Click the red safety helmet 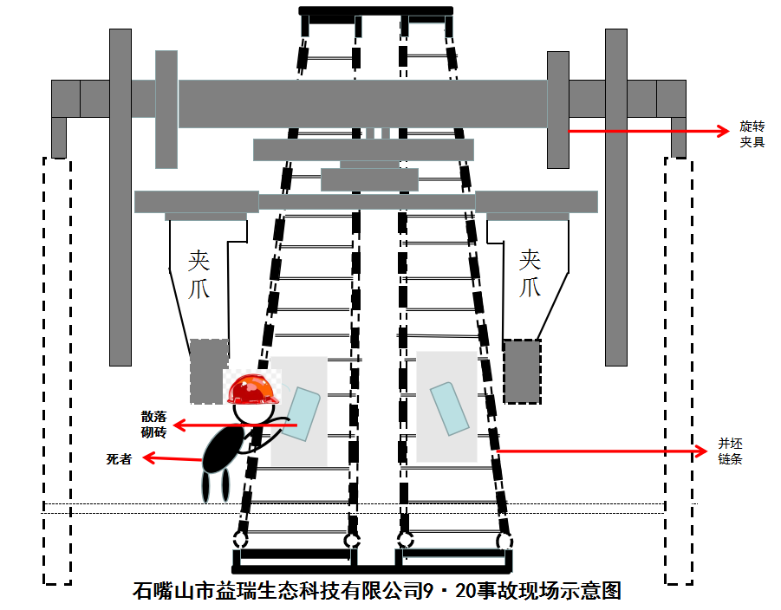click(x=254, y=389)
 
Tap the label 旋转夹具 click(x=752, y=133)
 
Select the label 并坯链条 click(x=730, y=451)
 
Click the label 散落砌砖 click(x=153, y=425)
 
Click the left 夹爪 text click(x=199, y=274)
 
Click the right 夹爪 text click(x=530, y=274)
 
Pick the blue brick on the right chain click(x=449, y=407)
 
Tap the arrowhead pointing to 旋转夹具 click(x=726, y=131)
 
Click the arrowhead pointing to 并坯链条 click(x=703, y=451)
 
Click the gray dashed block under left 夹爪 click(x=208, y=371)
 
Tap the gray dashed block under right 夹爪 click(x=522, y=371)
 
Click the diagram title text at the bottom click(x=377, y=591)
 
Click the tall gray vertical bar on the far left click(x=120, y=197)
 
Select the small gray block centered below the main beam click(x=369, y=179)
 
